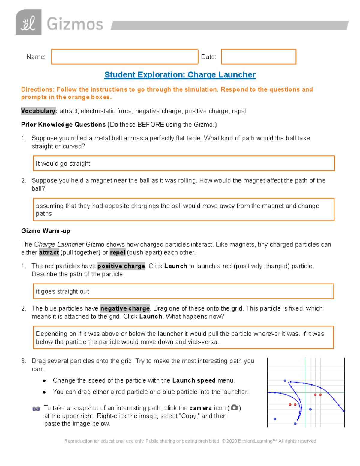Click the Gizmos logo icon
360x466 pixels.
(x=28, y=22)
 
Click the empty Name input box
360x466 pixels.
(x=124, y=56)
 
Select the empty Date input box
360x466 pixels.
(x=259, y=56)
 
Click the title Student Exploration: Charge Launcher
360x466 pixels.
(x=180, y=75)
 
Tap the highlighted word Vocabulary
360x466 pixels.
(x=39, y=111)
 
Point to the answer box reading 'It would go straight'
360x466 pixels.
(x=184, y=164)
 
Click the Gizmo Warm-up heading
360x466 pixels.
(x=46, y=231)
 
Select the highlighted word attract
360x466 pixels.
(x=49, y=252)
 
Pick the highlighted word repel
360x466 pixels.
(x=118, y=252)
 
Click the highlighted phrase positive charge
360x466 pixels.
(x=121, y=266)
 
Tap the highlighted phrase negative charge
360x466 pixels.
(x=125, y=308)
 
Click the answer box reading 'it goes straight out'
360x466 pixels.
(x=183, y=291)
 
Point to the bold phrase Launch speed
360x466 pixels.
(x=194, y=380)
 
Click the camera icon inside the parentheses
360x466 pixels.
(x=234, y=407)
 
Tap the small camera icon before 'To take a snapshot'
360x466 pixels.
(x=36, y=408)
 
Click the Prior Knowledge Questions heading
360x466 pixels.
(x=63, y=125)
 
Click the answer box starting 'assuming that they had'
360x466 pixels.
(x=184, y=209)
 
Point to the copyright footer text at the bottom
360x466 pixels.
(x=190, y=441)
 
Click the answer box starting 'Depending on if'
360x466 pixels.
(x=183, y=338)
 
